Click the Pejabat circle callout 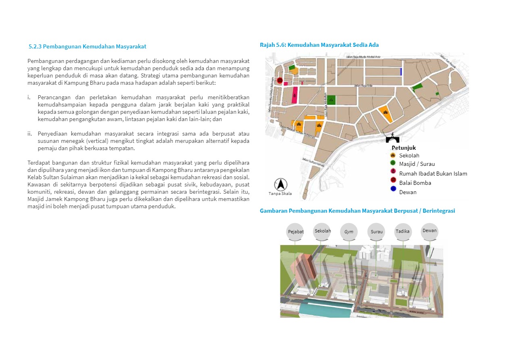tap(295, 232)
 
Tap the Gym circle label tap(349, 232)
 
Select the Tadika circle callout tap(403, 231)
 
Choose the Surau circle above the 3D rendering tap(376, 232)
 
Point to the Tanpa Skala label tap(280, 194)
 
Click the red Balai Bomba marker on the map tap(280, 80)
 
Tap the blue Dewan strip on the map tap(401, 71)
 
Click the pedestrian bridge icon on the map tap(392, 138)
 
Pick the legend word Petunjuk tap(404, 148)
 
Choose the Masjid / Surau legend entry tap(417, 164)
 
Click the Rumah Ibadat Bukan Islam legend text tap(433, 174)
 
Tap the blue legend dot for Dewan tap(393, 192)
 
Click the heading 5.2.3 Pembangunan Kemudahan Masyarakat tap(87, 46)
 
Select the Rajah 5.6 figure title tap(319, 45)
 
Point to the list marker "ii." tap(30, 134)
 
